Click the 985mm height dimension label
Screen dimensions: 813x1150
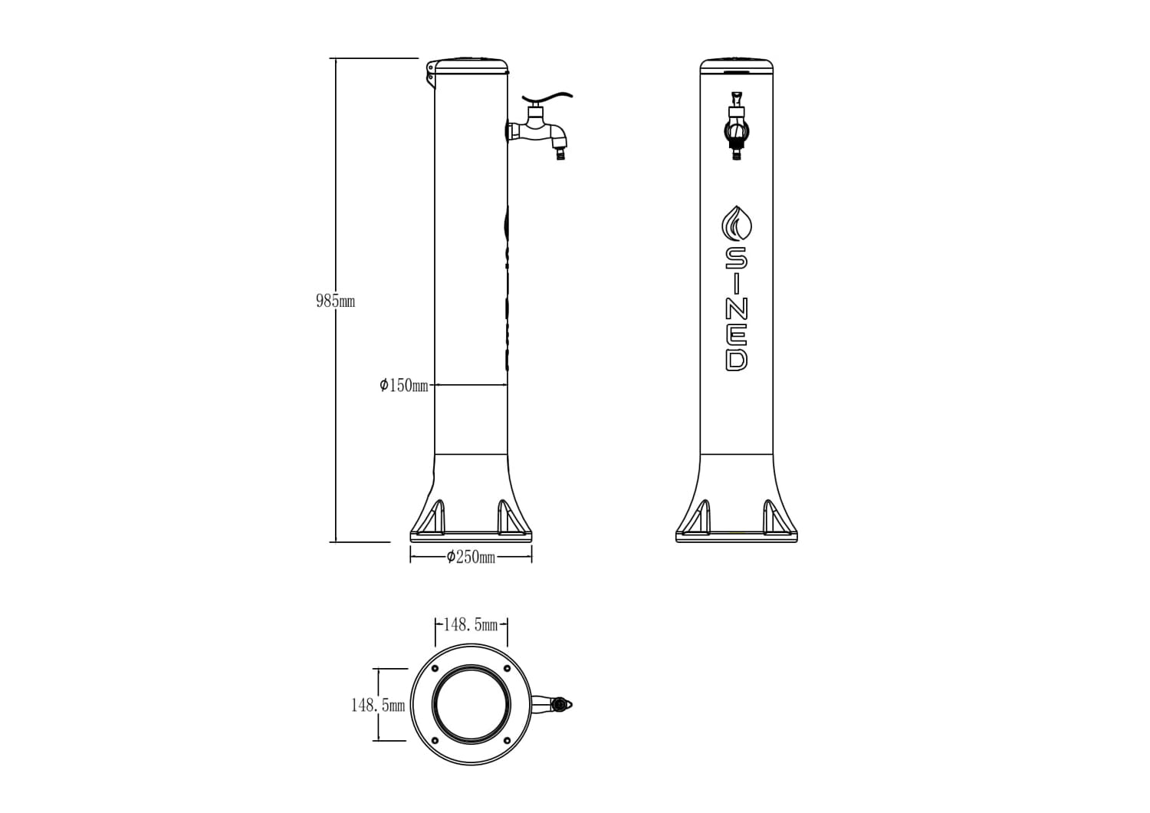335,301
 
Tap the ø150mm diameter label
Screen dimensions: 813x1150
404,385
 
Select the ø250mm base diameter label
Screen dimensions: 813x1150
471,557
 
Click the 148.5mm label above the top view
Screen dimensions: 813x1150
471,624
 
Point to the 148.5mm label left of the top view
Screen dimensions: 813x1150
377,705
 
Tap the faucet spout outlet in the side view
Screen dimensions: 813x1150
560,155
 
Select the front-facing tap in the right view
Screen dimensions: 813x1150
736,127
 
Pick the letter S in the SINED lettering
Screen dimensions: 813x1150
736,257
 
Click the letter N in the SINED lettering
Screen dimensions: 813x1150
736,308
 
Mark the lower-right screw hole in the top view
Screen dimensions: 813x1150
506,740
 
